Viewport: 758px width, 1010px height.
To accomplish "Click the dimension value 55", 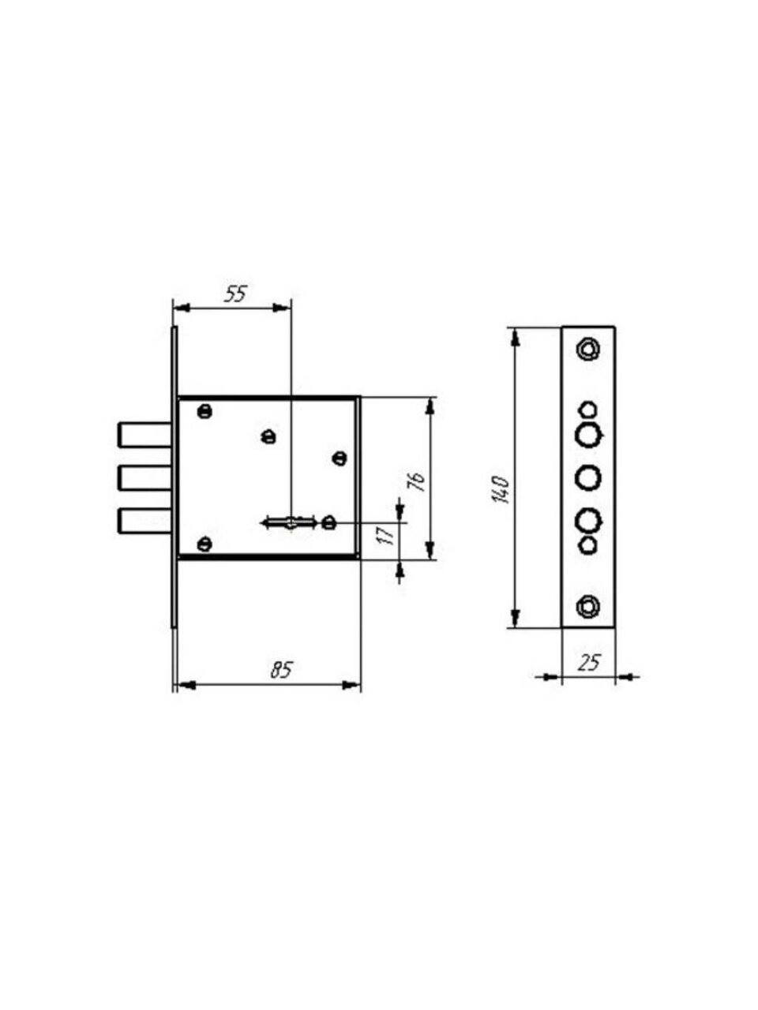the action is [235, 294].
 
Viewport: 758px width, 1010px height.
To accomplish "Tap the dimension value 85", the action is [281, 670].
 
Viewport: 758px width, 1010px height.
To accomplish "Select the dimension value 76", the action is [417, 481].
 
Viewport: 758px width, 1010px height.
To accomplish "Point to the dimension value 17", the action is [388, 535].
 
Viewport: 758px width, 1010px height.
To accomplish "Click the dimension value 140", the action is [501, 490].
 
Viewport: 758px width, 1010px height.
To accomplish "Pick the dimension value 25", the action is [589, 663].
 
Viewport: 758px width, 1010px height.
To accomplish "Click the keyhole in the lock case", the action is [289, 522].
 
